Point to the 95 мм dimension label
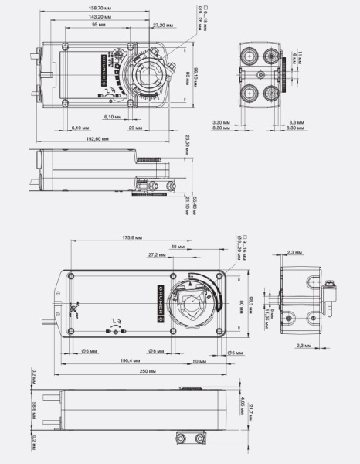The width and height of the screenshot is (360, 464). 99,25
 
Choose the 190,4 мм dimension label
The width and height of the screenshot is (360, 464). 130,360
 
